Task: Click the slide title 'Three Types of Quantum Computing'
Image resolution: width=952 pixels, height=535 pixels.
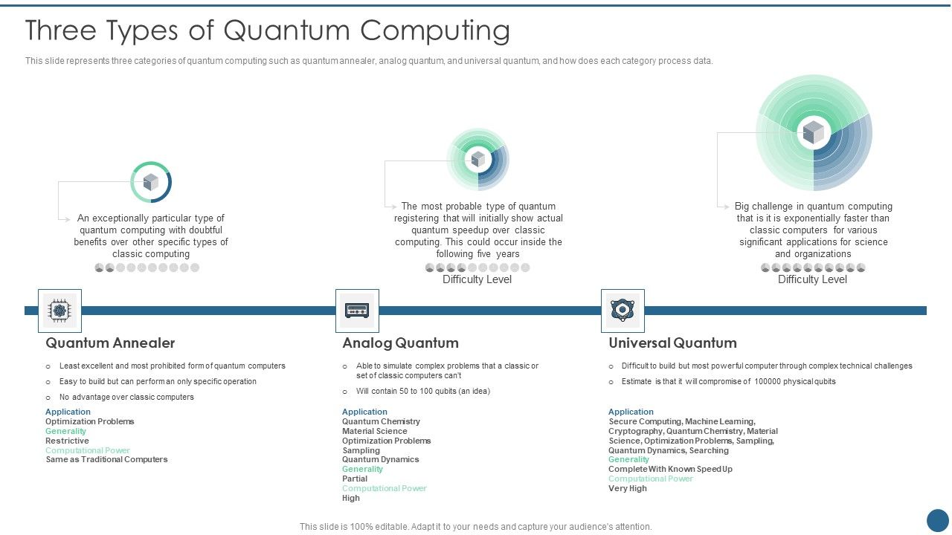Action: (268, 31)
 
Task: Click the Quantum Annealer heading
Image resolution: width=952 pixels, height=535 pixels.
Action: (110, 343)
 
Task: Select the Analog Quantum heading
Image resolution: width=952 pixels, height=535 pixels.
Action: (400, 343)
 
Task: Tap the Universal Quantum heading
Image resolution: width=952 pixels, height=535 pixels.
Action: (672, 343)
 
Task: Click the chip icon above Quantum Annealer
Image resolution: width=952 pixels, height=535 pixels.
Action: (59, 311)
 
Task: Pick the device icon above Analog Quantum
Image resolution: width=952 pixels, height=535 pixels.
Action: (357, 311)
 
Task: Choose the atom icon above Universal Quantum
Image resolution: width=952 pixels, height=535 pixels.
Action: (623, 311)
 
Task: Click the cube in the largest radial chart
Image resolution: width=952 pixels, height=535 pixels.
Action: (814, 133)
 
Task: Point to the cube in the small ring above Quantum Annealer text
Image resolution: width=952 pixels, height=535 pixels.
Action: (151, 182)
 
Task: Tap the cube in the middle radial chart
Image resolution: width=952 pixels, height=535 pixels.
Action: (477, 158)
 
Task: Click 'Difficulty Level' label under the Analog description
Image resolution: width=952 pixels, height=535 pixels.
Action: (477, 279)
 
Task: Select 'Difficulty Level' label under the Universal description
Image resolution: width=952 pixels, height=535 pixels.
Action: (812, 279)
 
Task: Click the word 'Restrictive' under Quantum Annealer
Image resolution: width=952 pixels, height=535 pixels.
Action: (67, 441)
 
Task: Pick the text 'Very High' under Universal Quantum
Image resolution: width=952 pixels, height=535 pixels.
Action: (628, 488)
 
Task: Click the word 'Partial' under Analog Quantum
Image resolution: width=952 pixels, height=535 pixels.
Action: (355, 479)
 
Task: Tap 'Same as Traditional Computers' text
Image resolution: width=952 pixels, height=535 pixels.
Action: (106, 459)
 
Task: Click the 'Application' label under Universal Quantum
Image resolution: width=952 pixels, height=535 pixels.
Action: (631, 412)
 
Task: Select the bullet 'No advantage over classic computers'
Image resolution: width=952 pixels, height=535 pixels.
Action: (126, 397)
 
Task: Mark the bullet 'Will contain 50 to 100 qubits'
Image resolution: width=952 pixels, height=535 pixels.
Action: (422, 391)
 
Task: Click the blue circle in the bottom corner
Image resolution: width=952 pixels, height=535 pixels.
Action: (938, 520)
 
